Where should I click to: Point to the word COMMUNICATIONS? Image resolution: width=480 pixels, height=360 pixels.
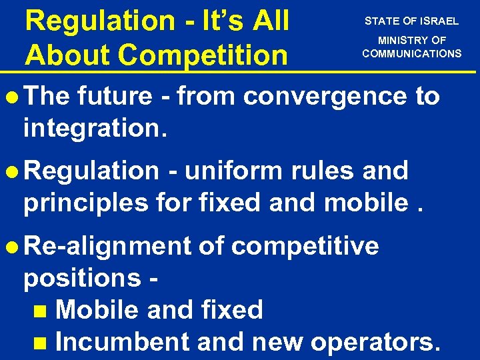[412, 53]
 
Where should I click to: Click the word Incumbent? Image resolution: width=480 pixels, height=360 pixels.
[123, 341]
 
